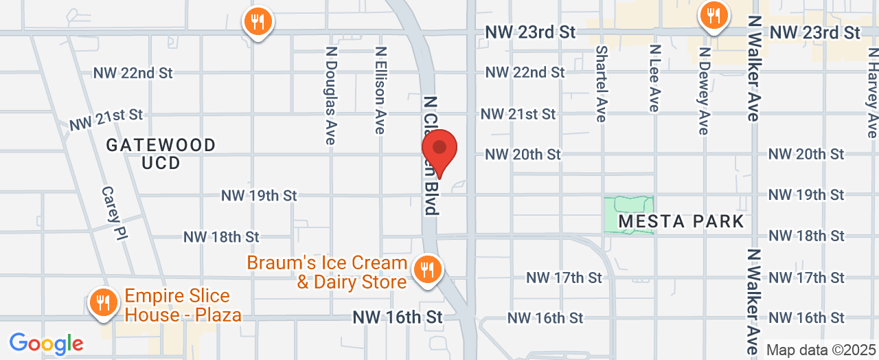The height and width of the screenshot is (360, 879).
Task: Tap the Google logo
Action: point(46,343)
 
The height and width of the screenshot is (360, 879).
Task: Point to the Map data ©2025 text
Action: point(821,350)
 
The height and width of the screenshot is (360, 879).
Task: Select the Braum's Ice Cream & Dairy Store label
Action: point(327,272)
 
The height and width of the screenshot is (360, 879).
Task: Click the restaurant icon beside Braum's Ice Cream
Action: point(428,269)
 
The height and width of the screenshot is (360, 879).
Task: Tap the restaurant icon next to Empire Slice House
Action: point(103,302)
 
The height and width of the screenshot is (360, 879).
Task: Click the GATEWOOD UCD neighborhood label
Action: point(161,154)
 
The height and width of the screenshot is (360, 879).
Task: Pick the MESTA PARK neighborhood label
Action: point(681,221)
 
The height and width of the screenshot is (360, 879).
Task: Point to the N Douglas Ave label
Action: point(330,95)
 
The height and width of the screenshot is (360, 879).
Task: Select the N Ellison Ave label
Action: point(380,90)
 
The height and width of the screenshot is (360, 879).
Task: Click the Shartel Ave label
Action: point(602,84)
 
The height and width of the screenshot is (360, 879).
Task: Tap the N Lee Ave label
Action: point(654,78)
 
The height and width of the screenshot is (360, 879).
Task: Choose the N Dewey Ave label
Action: point(703,90)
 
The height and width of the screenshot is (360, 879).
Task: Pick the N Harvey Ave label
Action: point(871,92)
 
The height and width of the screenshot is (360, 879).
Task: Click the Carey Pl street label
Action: point(116,212)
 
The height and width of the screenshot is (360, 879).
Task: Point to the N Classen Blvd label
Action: point(431,155)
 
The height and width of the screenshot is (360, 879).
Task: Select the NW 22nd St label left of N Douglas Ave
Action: point(133,73)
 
